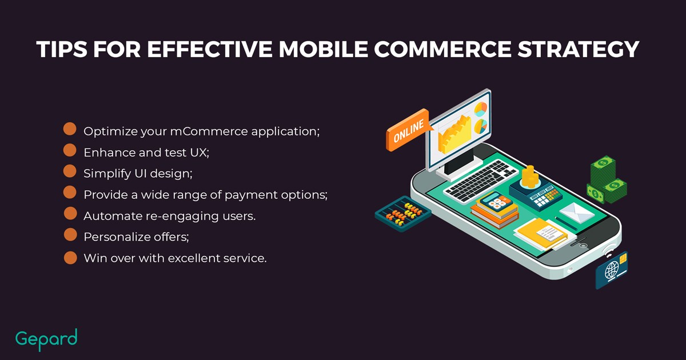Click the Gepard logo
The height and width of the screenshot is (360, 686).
(x=46, y=339)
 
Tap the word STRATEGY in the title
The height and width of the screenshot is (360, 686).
(x=579, y=49)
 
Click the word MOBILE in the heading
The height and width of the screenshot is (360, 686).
(x=323, y=49)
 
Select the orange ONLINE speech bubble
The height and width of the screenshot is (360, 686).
(x=408, y=130)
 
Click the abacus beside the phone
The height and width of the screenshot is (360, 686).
(x=403, y=214)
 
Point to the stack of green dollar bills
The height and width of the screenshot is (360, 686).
(x=607, y=180)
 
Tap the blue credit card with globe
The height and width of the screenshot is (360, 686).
(x=612, y=270)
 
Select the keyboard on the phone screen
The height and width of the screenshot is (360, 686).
(x=480, y=181)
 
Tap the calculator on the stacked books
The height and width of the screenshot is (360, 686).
(x=496, y=201)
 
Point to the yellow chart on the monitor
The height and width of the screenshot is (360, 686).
(x=454, y=135)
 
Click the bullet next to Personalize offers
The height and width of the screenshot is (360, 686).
(x=70, y=235)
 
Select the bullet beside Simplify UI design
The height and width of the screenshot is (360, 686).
(x=70, y=171)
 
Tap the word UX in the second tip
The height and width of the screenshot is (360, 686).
(x=200, y=153)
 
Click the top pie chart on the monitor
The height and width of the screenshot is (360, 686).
(x=481, y=109)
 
